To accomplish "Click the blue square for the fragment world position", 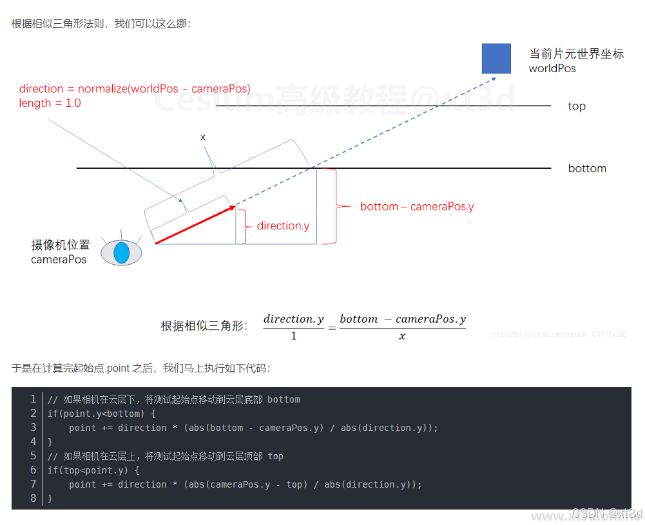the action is point(496,58).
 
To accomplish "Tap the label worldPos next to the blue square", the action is point(552,68).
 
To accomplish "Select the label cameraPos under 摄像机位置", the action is point(59,259).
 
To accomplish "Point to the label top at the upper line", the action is point(577,106).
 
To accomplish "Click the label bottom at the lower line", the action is point(587,169).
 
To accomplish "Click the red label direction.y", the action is point(283,226).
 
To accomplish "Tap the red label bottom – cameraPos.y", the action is point(417,207).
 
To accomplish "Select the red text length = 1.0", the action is point(50,103).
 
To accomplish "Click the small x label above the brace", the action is point(203,137).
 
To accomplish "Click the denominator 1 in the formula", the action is point(294,336).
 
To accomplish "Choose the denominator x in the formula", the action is point(402,336).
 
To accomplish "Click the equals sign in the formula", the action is point(332,328).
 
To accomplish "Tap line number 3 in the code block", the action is point(34,428).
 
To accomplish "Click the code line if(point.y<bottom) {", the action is point(102,414).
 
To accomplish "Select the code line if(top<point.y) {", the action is point(102,470).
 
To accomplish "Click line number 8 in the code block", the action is point(34,499).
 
